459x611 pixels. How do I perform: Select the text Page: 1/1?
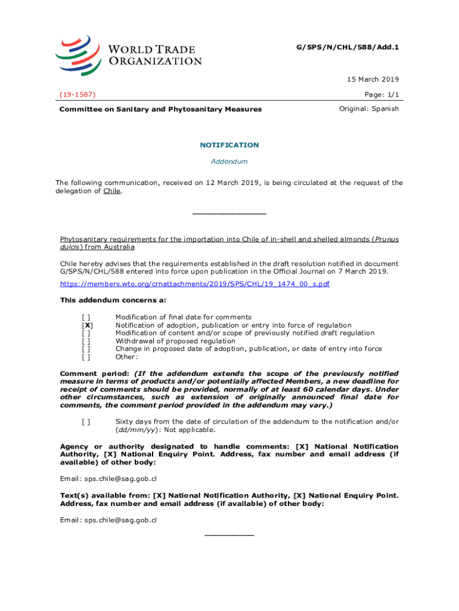coord(381,94)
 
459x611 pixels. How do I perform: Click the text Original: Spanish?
coord(369,109)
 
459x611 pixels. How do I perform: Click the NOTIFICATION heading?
coord(229,145)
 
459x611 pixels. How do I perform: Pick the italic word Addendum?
coord(229,162)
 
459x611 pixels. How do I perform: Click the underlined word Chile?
coord(111,191)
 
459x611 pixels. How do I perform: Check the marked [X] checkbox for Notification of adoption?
coord(86,325)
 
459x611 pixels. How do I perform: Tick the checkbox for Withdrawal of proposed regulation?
coord(86,341)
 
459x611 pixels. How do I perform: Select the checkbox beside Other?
coord(86,357)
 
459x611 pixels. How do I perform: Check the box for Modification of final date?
coord(86,317)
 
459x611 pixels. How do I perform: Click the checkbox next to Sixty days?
coord(86,422)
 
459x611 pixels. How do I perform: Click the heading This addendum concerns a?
coord(113,300)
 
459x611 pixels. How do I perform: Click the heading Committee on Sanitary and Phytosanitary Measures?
coord(160,110)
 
